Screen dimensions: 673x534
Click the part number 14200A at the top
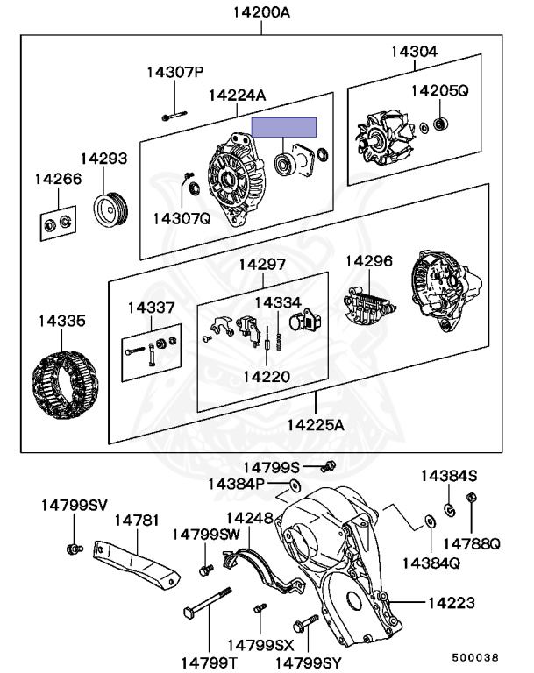(x=260, y=12)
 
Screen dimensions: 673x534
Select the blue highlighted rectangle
(x=284, y=127)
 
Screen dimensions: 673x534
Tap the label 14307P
(x=174, y=72)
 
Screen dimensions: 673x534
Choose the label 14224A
(x=237, y=96)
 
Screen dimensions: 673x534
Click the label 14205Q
(x=440, y=89)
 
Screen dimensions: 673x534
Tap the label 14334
(x=278, y=302)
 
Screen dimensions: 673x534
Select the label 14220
(x=267, y=376)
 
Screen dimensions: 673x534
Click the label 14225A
(x=316, y=425)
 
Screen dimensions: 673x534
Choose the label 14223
(x=452, y=603)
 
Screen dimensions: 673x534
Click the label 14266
(x=58, y=179)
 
